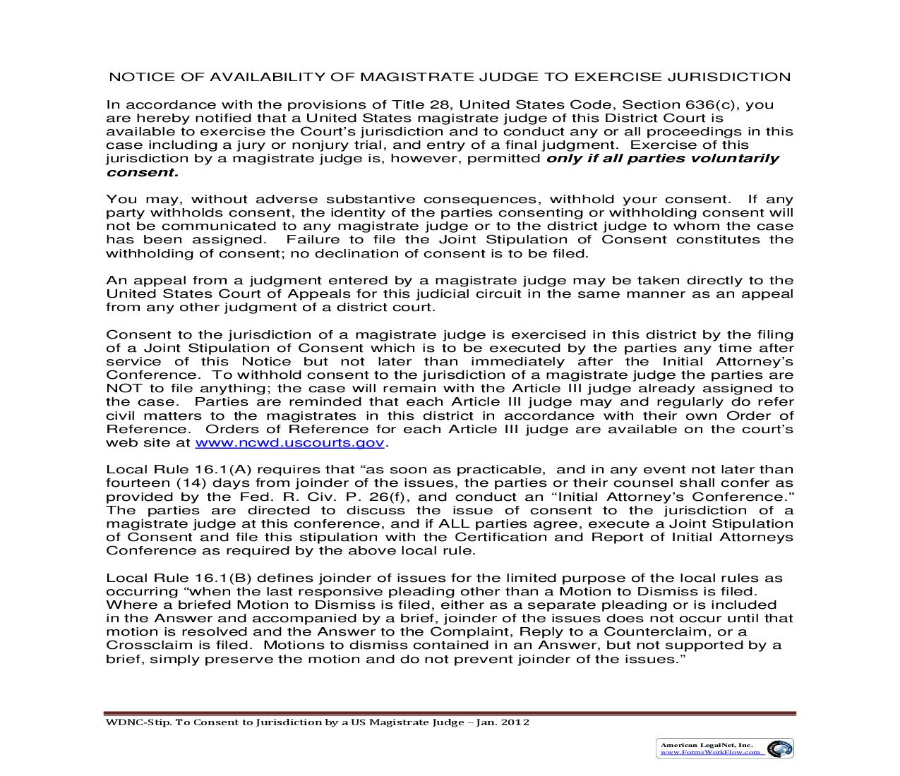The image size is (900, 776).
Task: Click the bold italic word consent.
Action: [141, 172]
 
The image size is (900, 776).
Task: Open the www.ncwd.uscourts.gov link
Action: [289, 442]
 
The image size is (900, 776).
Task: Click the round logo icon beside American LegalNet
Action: [779, 748]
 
